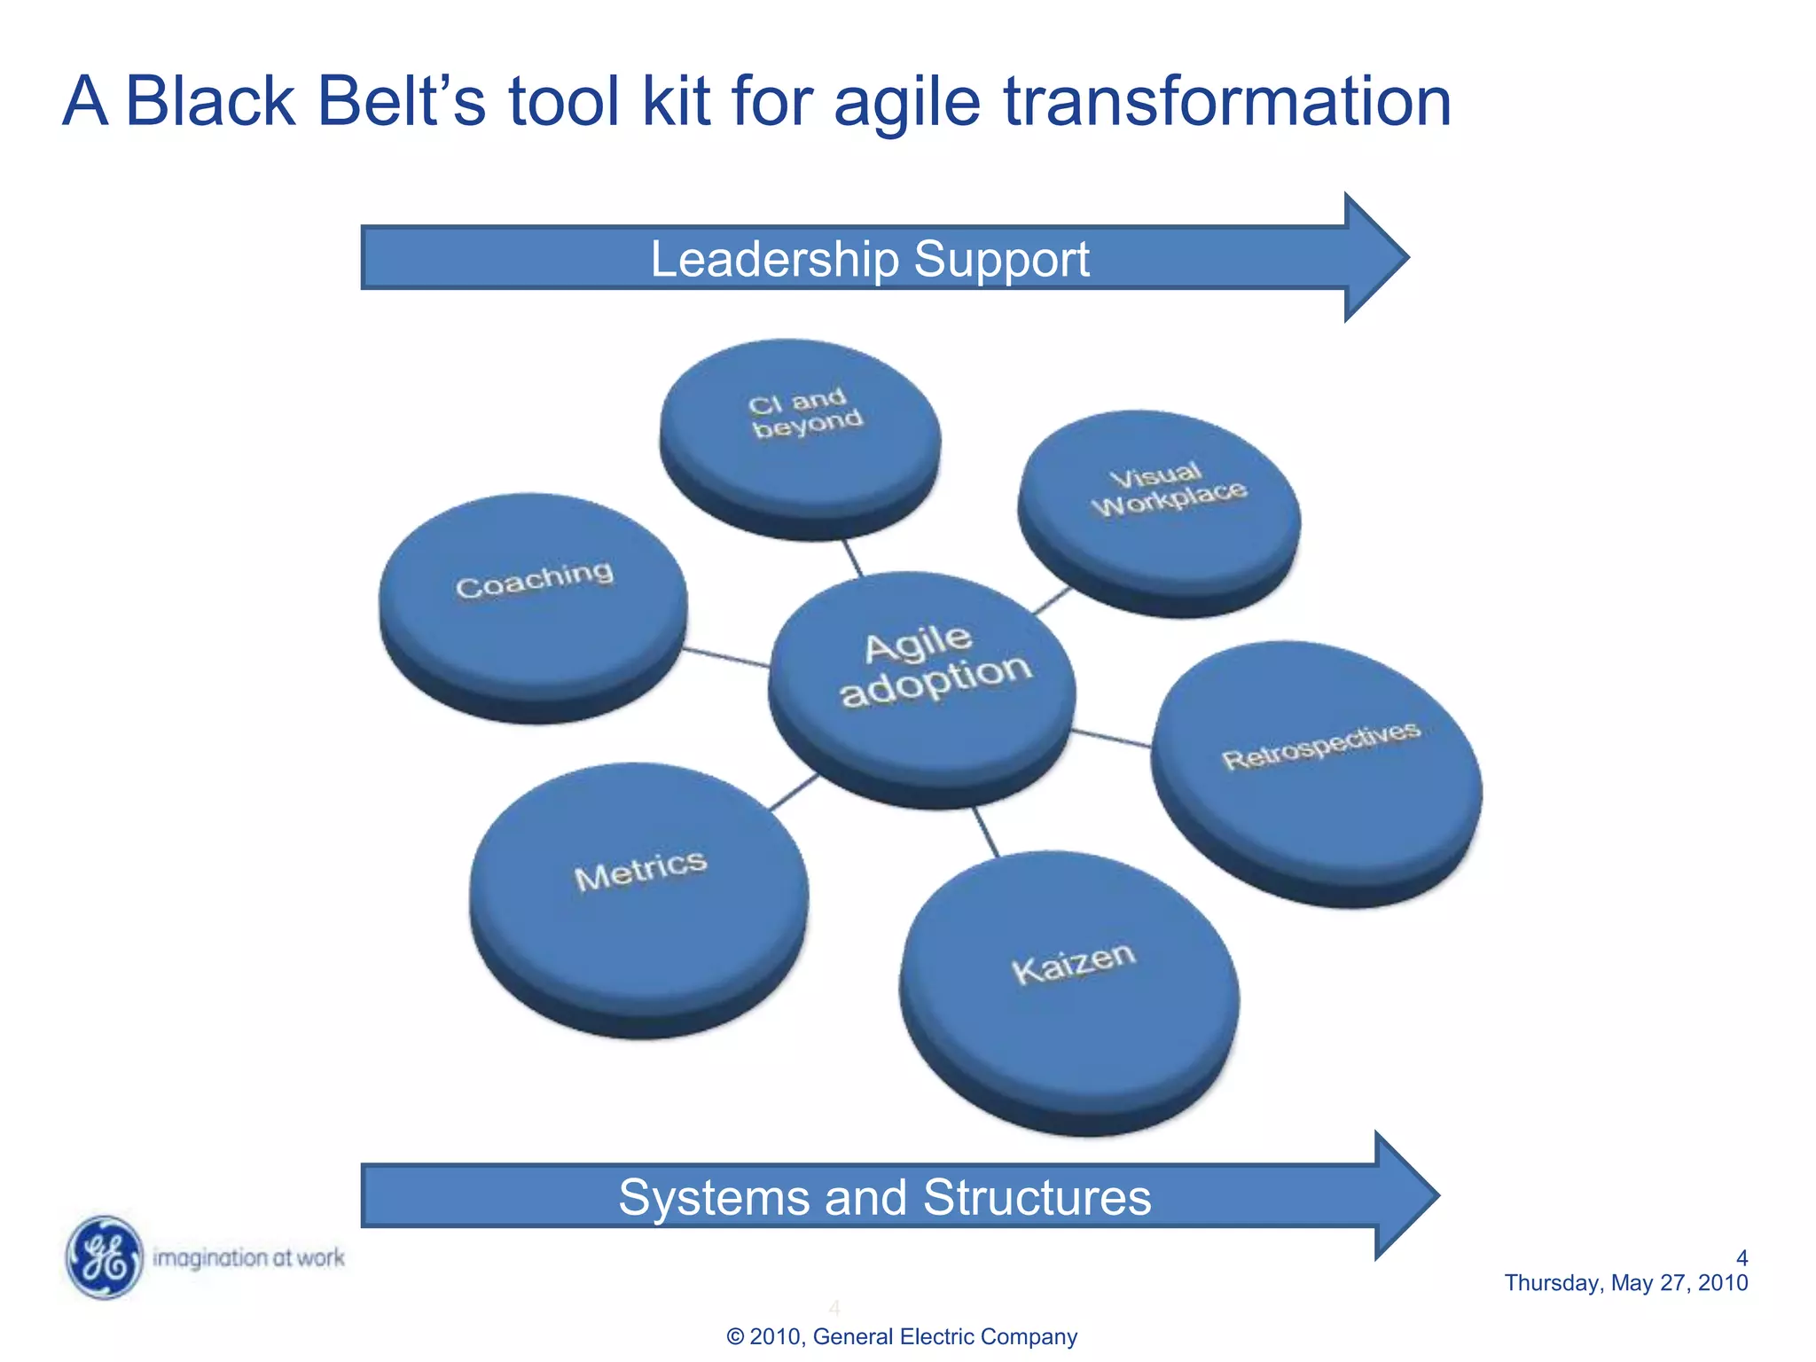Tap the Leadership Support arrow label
(869, 259)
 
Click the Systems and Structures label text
(884, 1197)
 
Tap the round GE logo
(105, 1257)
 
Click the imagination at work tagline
(248, 1257)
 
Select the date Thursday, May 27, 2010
(1625, 1283)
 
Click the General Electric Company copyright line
(901, 1336)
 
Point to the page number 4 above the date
(1742, 1257)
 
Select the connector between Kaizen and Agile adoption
(986, 832)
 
